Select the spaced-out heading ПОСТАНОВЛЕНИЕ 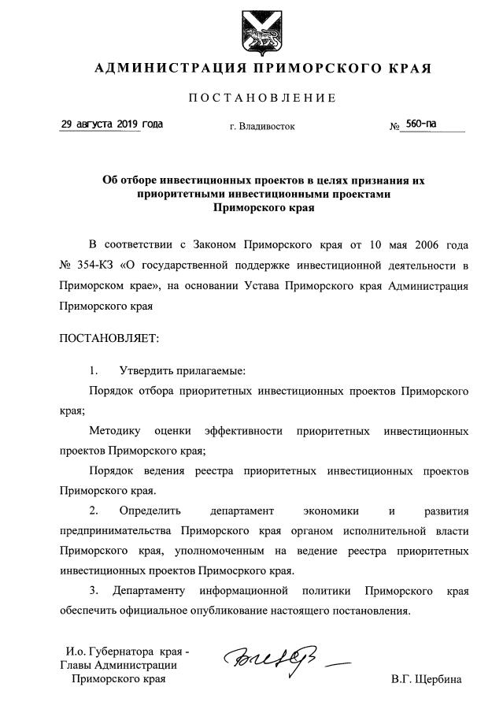[262, 98]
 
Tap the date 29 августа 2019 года [112, 124]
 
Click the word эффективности [242, 432]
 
